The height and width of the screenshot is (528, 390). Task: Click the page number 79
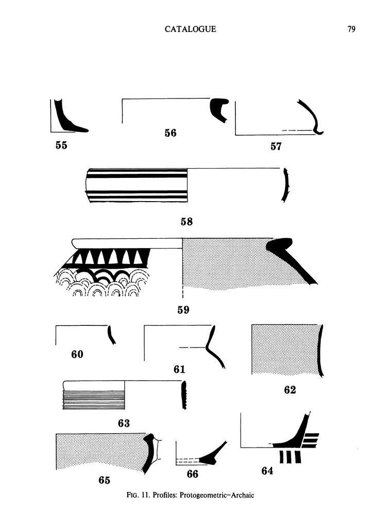(x=351, y=29)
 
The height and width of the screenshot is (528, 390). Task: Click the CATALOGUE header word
(x=190, y=29)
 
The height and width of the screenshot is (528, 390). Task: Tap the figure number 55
(x=61, y=145)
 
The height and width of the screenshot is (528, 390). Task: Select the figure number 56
(x=171, y=133)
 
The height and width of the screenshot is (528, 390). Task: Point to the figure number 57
(x=276, y=146)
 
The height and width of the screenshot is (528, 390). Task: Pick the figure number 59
(x=183, y=310)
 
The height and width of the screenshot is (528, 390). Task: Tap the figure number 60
(x=77, y=354)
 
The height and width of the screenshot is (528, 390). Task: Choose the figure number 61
(x=179, y=369)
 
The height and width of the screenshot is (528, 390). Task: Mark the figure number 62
(x=290, y=390)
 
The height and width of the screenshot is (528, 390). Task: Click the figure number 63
(x=124, y=423)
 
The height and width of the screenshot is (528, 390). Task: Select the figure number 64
(x=267, y=470)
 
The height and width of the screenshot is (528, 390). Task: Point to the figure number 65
(x=104, y=480)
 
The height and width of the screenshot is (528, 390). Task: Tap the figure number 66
(x=192, y=473)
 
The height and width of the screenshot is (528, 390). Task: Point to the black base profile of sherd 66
(x=211, y=457)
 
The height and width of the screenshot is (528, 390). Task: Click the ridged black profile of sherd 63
(x=183, y=395)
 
